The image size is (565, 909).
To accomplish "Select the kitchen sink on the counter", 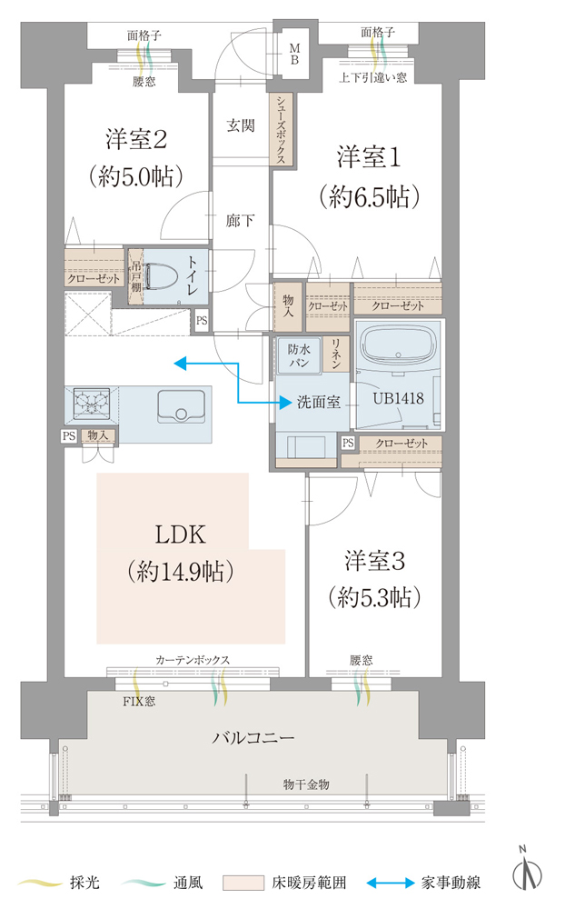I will point(182,406).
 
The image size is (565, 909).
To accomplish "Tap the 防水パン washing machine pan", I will point(300,355).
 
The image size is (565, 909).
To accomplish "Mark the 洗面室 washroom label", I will point(319,401).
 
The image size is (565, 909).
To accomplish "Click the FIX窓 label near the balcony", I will point(141,702).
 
